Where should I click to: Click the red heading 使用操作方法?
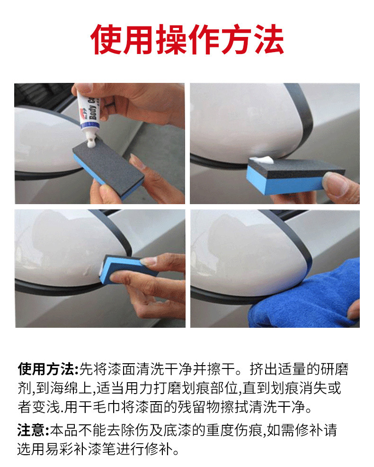(187, 40)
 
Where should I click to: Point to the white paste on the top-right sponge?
(262, 160)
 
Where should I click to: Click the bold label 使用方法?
(48, 369)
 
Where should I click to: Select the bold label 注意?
(33, 431)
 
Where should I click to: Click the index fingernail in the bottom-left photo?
(148, 261)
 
